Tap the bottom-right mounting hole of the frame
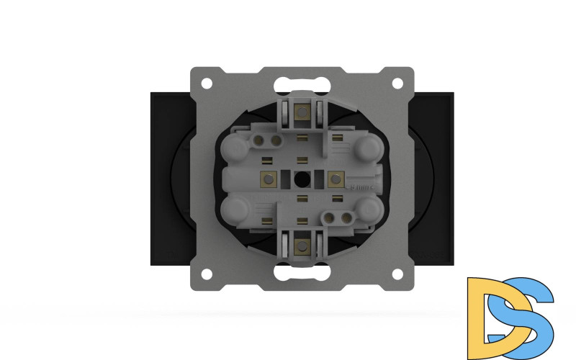pos(397,274)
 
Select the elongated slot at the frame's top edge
pos(302,80)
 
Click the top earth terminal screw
pos(302,112)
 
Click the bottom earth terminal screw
pos(302,246)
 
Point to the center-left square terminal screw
pos(269,178)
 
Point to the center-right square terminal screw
pos(336,178)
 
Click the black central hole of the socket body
pos(302,178)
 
